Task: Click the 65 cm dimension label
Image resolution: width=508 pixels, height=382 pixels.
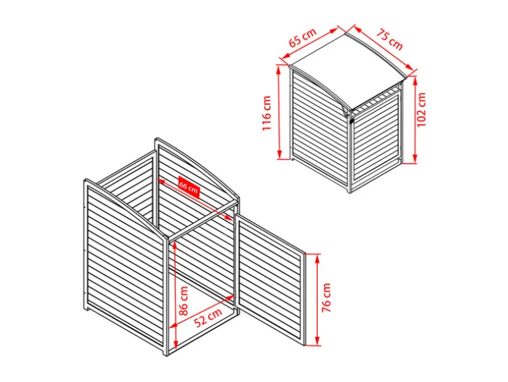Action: pyautogui.click(x=303, y=38)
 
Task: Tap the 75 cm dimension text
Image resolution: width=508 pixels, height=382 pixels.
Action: pyautogui.click(x=390, y=40)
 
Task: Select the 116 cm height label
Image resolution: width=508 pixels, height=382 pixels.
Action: pyautogui.click(x=266, y=113)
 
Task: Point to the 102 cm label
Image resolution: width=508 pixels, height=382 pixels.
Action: pyautogui.click(x=421, y=110)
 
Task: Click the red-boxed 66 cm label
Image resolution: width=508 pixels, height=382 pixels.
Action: pyautogui.click(x=188, y=188)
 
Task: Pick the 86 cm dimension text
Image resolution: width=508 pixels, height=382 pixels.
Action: pyautogui.click(x=183, y=301)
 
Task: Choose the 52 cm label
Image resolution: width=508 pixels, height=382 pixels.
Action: pyautogui.click(x=208, y=316)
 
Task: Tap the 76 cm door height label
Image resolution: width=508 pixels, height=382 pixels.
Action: pyautogui.click(x=327, y=297)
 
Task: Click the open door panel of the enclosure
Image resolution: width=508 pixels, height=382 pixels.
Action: pyautogui.click(x=270, y=280)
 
